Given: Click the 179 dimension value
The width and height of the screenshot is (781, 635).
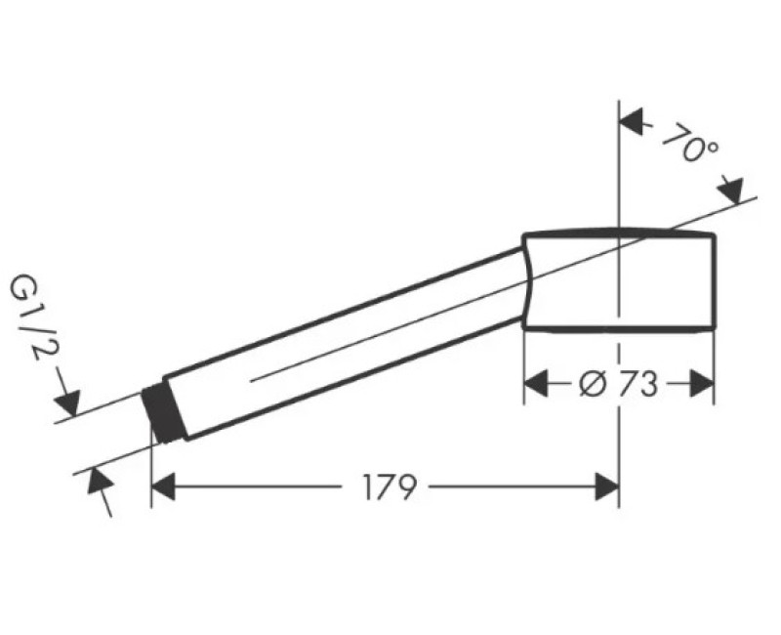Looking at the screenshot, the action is coord(389,487).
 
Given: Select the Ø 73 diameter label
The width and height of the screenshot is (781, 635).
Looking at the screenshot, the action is coord(619,385).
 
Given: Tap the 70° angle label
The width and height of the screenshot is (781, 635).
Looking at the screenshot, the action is coord(691,144).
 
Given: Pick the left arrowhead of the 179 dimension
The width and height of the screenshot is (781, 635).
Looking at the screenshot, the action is coord(163,487).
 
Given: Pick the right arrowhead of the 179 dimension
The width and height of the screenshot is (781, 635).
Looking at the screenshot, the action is coord(606,487).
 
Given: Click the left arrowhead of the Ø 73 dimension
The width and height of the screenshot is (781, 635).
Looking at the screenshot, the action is coord(536,384).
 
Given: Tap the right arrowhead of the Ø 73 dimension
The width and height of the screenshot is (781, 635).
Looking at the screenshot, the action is coord(702,384).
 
